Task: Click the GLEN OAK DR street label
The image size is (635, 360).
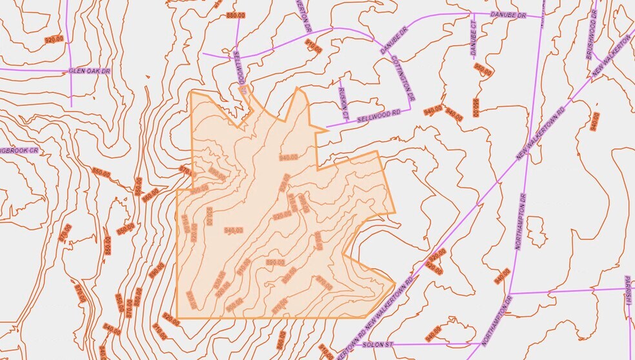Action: (x=86, y=71)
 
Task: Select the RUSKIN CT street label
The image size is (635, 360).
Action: (x=344, y=104)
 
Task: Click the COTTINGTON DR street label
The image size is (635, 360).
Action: (x=403, y=77)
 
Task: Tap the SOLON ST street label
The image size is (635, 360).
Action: (x=373, y=345)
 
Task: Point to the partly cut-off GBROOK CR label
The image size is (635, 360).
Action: (x=19, y=150)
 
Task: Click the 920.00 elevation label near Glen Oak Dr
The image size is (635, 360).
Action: (x=54, y=39)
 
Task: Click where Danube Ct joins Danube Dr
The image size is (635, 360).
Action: (x=472, y=14)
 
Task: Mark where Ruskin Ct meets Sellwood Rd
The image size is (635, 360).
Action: (x=349, y=122)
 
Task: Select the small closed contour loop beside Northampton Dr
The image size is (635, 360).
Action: (x=535, y=230)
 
